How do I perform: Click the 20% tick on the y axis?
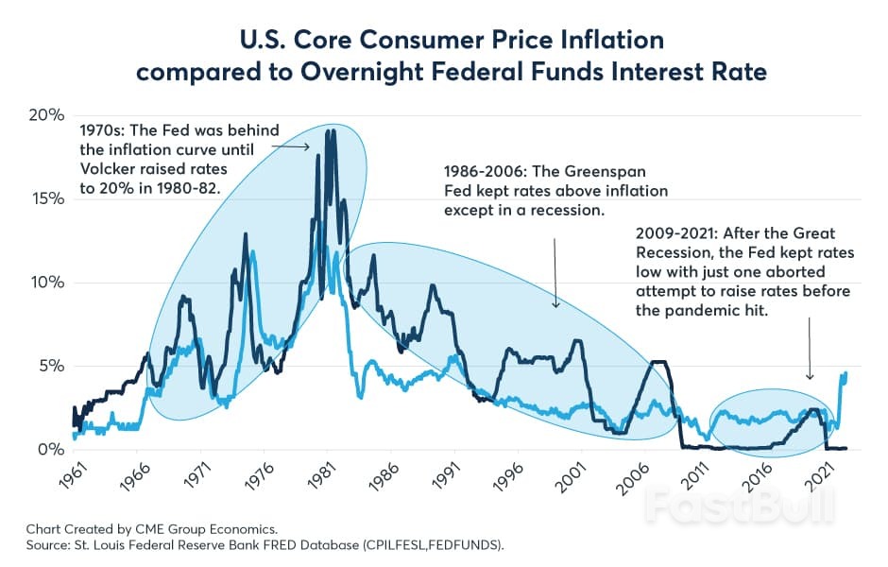(x=44, y=114)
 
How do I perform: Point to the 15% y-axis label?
(x=44, y=198)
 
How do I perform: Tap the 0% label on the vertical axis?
(x=49, y=450)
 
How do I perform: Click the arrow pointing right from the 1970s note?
(x=298, y=146)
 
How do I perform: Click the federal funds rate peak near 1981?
(x=330, y=131)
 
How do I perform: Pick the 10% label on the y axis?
(x=44, y=283)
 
